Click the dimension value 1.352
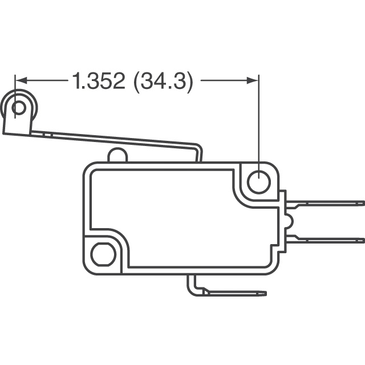coord(98,82)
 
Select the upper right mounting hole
coord(258,182)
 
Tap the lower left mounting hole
coord(103,253)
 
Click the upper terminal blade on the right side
coord(325,202)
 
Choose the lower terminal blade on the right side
coord(325,239)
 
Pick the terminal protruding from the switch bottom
coord(228,293)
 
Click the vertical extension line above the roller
coord(14,88)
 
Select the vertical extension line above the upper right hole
coord(259,120)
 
